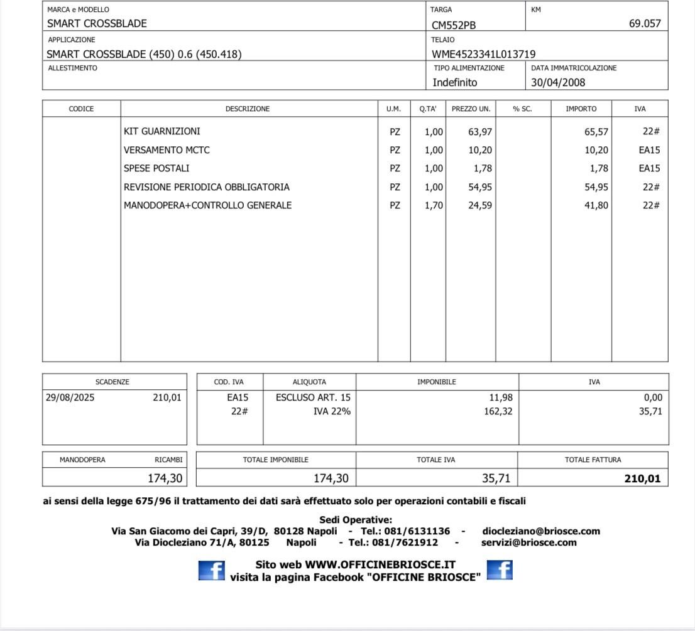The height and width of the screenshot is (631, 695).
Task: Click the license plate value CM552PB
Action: coord(454,25)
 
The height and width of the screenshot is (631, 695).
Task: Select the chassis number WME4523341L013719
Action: coord(484,54)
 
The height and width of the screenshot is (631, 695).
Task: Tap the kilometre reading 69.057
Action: coord(645,24)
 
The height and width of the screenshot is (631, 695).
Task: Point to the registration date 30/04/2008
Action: coord(558,82)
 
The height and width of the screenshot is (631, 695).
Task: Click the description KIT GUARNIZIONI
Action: coord(162,131)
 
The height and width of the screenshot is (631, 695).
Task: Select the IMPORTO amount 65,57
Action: coord(596,131)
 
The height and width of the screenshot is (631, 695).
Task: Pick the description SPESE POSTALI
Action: coord(156,168)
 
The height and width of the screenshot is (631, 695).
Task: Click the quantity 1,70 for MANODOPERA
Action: coord(434,205)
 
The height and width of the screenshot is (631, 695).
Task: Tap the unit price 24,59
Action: coord(480,205)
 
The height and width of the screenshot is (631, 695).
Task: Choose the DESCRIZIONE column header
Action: coord(248,109)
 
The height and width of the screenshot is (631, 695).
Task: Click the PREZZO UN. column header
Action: coord(471,109)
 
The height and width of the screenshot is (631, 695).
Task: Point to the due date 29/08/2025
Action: coord(70,397)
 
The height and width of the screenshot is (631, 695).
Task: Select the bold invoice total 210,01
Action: coord(642,479)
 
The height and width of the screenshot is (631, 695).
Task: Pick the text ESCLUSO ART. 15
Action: coord(313,397)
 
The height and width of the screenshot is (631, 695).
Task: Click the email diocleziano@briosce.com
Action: coord(541,531)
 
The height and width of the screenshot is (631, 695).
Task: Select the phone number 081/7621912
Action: coord(407,542)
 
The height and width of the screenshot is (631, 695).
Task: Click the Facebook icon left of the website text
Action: coord(211,570)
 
